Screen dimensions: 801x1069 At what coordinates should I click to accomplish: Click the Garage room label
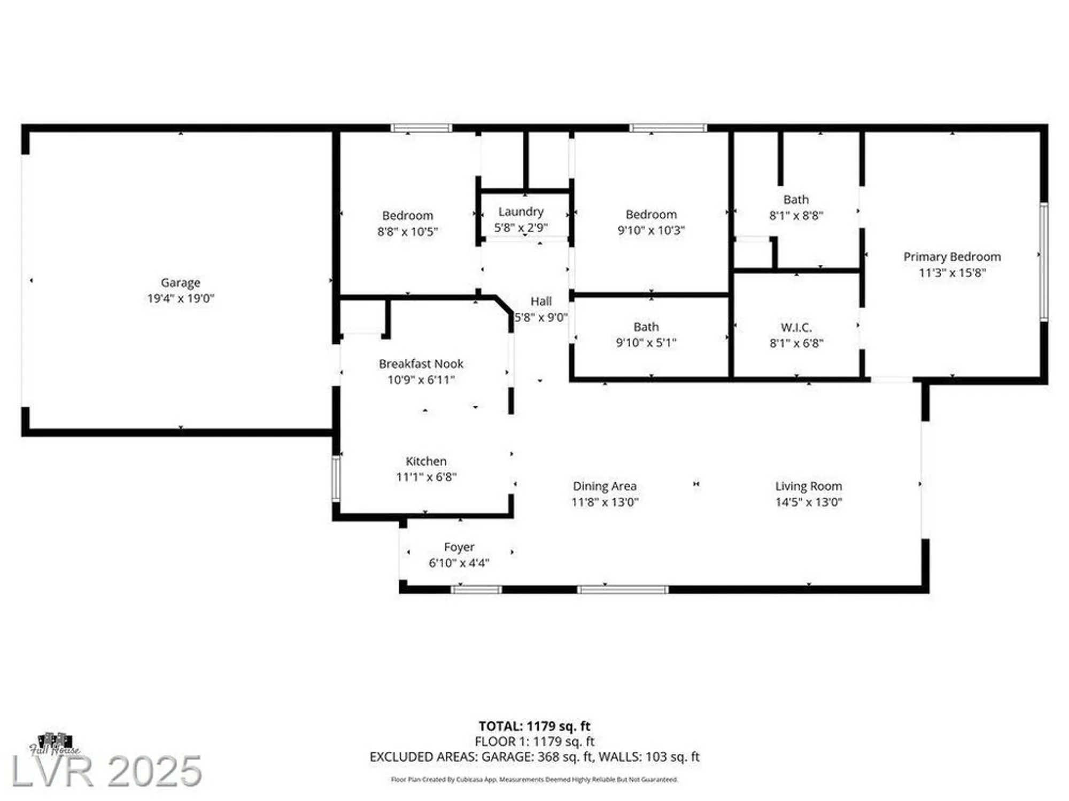pyautogui.click(x=180, y=282)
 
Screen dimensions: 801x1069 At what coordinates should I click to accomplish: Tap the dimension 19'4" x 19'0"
pyautogui.click(x=180, y=299)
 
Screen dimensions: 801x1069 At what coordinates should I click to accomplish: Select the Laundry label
pyautogui.click(x=521, y=212)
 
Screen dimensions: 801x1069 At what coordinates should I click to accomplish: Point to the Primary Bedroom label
pyautogui.click(x=952, y=257)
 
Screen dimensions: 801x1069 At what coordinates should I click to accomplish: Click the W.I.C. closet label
pyautogui.click(x=796, y=327)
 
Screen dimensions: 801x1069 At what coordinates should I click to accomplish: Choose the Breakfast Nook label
pyautogui.click(x=421, y=364)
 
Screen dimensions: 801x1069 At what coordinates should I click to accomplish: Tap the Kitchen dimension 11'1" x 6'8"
pyautogui.click(x=426, y=477)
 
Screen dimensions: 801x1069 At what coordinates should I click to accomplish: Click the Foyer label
pyautogui.click(x=459, y=547)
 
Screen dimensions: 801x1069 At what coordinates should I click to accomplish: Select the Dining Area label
pyautogui.click(x=605, y=486)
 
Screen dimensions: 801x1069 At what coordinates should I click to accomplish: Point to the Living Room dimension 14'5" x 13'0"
pyautogui.click(x=808, y=502)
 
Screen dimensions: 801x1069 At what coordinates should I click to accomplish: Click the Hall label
pyautogui.click(x=541, y=302)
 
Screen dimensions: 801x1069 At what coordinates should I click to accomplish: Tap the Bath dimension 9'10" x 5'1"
pyautogui.click(x=646, y=343)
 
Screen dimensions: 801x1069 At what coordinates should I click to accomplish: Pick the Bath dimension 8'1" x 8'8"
pyautogui.click(x=796, y=216)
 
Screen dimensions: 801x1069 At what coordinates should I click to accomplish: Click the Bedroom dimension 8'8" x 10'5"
pyautogui.click(x=407, y=232)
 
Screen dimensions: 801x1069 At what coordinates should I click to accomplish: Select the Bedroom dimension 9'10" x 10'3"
pyautogui.click(x=651, y=230)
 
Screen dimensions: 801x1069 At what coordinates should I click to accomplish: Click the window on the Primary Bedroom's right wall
pyautogui.click(x=1043, y=262)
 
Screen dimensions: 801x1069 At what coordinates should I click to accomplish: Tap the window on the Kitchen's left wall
pyautogui.click(x=336, y=478)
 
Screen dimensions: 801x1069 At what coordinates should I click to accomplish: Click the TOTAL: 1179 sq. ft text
pyautogui.click(x=534, y=726)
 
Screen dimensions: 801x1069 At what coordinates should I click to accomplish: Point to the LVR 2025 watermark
pyautogui.click(x=107, y=771)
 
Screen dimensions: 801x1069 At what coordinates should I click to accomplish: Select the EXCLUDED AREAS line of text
pyautogui.click(x=534, y=757)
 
